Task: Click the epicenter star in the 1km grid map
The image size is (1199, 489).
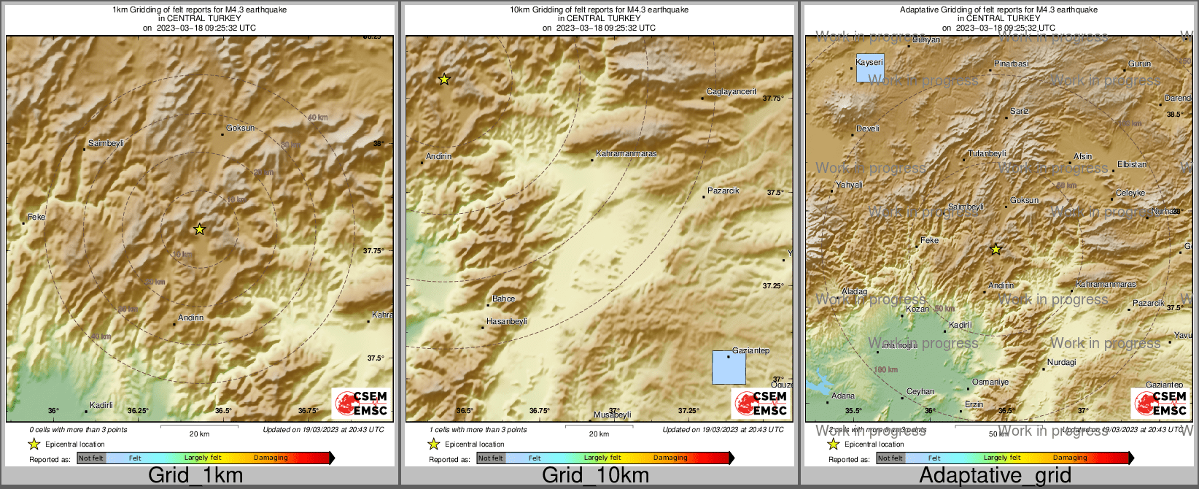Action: [199, 229]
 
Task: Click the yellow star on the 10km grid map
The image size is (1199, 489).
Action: [444, 79]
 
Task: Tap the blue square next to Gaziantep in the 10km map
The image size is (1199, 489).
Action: [729, 367]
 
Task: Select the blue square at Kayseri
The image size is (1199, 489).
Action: [869, 67]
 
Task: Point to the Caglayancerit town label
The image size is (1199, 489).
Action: [732, 92]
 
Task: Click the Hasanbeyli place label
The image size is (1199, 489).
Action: [506, 322]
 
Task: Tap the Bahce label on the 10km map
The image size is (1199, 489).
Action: [503, 299]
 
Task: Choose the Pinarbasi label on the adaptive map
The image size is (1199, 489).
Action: [1011, 64]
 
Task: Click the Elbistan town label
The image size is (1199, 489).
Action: [1132, 165]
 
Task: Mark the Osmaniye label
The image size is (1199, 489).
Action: [990, 382]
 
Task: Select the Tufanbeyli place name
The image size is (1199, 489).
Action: [987, 154]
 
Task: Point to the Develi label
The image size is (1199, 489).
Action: [868, 129]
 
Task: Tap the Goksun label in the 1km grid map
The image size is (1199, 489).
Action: [240, 128]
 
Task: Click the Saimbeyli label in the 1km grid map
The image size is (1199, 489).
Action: [106, 144]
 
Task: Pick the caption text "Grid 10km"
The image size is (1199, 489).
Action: [595, 476]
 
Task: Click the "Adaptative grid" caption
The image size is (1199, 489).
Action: [995, 476]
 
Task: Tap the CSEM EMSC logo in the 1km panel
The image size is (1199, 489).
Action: [360, 403]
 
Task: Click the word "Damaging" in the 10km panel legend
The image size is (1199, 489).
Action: [670, 458]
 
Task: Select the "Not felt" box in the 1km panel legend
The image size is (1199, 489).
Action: [91, 458]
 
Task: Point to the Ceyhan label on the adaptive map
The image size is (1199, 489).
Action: [920, 392]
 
